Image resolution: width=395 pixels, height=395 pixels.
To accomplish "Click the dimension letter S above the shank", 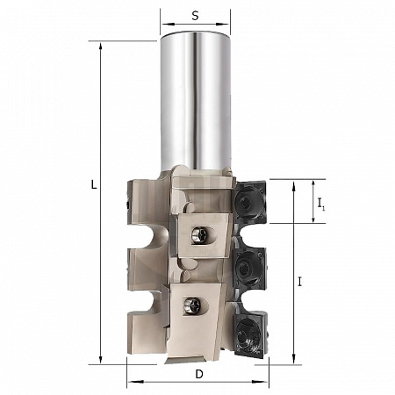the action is click(195, 16).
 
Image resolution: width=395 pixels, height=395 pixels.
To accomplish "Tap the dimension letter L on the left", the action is click(94, 184).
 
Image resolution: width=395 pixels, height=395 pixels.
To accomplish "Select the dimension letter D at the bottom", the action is click(199, 374).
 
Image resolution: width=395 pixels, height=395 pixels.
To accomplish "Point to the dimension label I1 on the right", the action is click(321, 204).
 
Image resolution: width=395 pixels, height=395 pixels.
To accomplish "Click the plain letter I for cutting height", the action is click(299, 282).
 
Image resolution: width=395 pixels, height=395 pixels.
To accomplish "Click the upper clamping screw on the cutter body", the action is click(198, 234).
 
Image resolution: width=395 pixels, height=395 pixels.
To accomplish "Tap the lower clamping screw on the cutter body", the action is click(191, 305).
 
